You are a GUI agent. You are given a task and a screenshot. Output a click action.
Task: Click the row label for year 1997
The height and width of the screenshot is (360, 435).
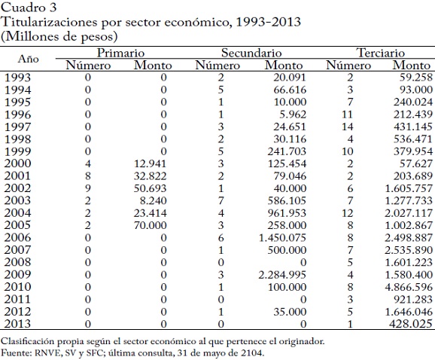tap(17, 127)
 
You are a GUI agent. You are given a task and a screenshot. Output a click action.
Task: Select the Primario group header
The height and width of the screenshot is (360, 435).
tap(120, 53)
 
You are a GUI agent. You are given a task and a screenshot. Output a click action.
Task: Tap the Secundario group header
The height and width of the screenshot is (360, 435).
tap(251, 53)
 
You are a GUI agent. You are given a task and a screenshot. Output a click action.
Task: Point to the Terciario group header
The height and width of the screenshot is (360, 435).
tap(380, 53)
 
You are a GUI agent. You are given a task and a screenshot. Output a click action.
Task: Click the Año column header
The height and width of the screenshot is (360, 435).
tap(28, 59)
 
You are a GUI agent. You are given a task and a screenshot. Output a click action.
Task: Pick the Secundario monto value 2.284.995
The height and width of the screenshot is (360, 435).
tap(282, 275)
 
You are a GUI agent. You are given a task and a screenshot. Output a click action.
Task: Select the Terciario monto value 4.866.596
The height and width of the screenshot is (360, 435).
tap(409, 287)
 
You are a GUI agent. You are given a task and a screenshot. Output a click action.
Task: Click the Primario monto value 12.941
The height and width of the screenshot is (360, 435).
tap(150, 163)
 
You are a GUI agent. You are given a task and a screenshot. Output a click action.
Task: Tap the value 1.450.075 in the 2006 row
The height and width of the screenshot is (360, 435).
tap(282, 238)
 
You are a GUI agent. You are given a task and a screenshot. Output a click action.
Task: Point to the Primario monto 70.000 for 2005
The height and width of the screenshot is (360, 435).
tap(150, 225)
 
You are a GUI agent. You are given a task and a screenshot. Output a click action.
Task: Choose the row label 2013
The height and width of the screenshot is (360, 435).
tap(17, 324)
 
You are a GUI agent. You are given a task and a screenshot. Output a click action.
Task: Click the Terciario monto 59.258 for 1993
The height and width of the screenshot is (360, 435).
tap(416, 78)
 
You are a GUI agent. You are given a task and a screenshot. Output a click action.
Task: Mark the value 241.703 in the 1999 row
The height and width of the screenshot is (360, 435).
tap(287, 151)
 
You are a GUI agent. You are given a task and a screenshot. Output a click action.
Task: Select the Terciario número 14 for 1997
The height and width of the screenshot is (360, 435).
tap(348, 127)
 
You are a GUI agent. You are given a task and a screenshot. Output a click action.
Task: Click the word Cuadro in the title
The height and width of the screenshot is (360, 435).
tap(24, 8)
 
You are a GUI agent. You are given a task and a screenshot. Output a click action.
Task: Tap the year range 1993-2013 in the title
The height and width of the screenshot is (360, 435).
tap(268, 22)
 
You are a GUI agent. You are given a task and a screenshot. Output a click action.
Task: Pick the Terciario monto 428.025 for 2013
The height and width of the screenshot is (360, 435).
tap(411, 324)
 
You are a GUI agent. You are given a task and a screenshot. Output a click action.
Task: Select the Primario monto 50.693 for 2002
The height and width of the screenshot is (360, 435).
tap(150, 188)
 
